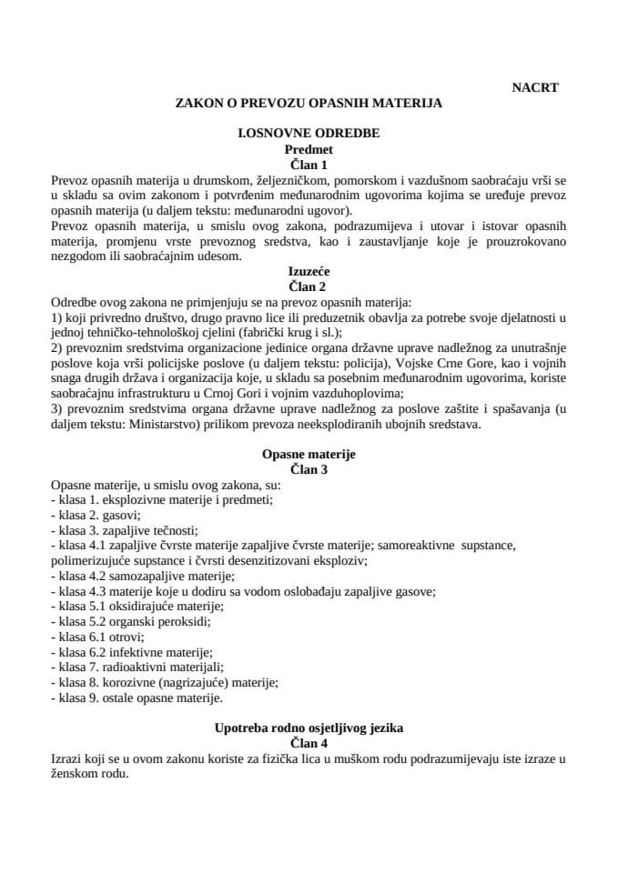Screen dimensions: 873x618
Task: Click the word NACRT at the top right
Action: (535, 87)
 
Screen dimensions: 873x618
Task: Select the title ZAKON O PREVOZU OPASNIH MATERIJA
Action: (309, 104)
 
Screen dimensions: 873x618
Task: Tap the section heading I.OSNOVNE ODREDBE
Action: (309, 133)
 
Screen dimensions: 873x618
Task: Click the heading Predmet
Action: (309, 148)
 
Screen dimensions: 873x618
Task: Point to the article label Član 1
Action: (309, 165)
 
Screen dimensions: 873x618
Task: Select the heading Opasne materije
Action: (309, 454)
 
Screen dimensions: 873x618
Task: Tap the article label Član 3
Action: (309, 469)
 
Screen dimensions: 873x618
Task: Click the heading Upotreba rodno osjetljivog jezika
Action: (309, 728)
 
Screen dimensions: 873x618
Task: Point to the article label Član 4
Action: (309, 744)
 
